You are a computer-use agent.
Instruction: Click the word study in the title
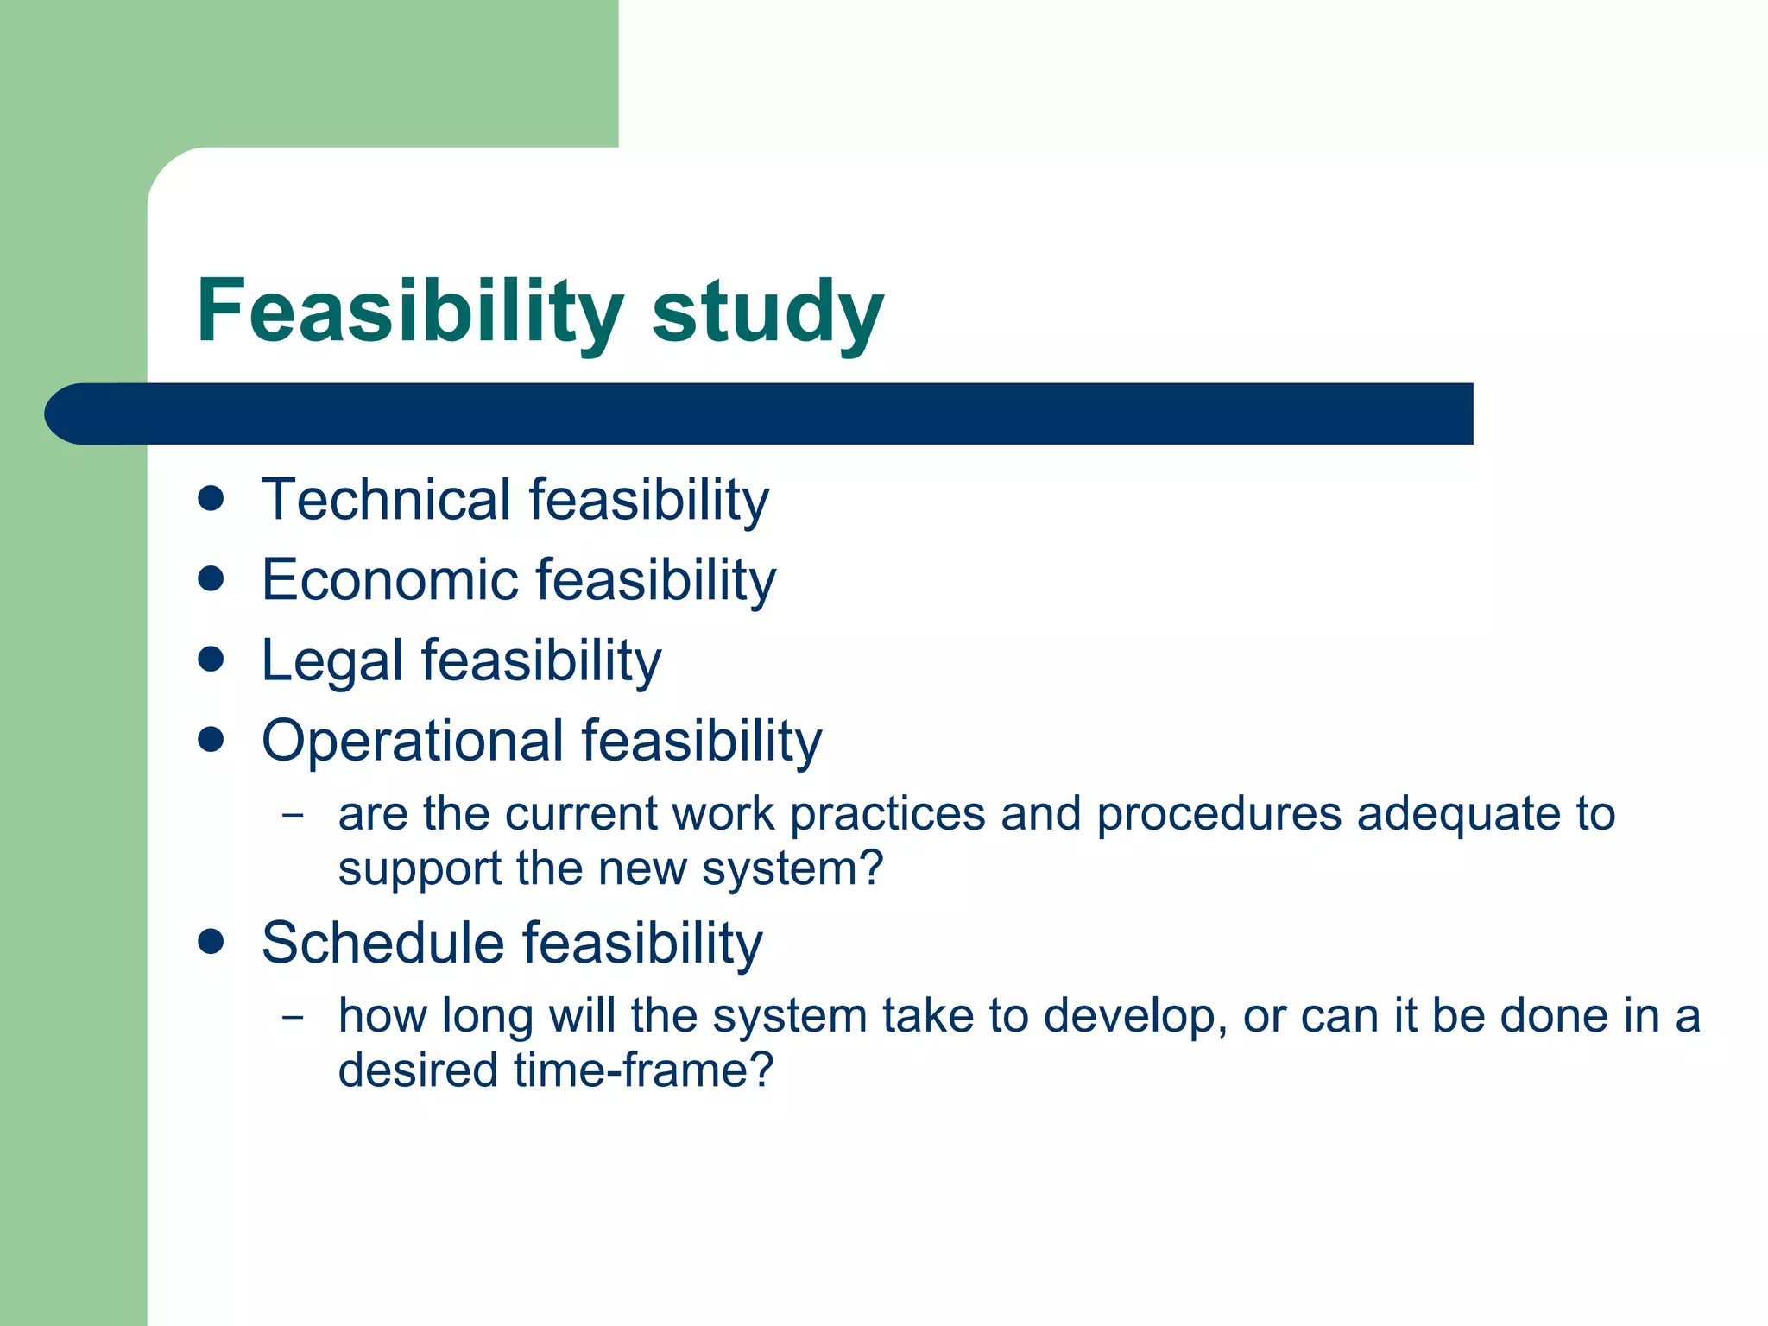[x=767, y=313]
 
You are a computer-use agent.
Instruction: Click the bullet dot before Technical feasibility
[x=211, y=498]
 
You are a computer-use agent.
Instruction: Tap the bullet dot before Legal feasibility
[x=211, y=660]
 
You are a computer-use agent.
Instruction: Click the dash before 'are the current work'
[x=294, y=814]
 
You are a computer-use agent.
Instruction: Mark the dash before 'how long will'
[x=294, y=1016]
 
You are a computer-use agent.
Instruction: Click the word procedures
[x=1219, y=816]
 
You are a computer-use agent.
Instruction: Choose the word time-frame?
[x=644, y=1070]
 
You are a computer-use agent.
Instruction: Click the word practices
[x=887, y=816]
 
